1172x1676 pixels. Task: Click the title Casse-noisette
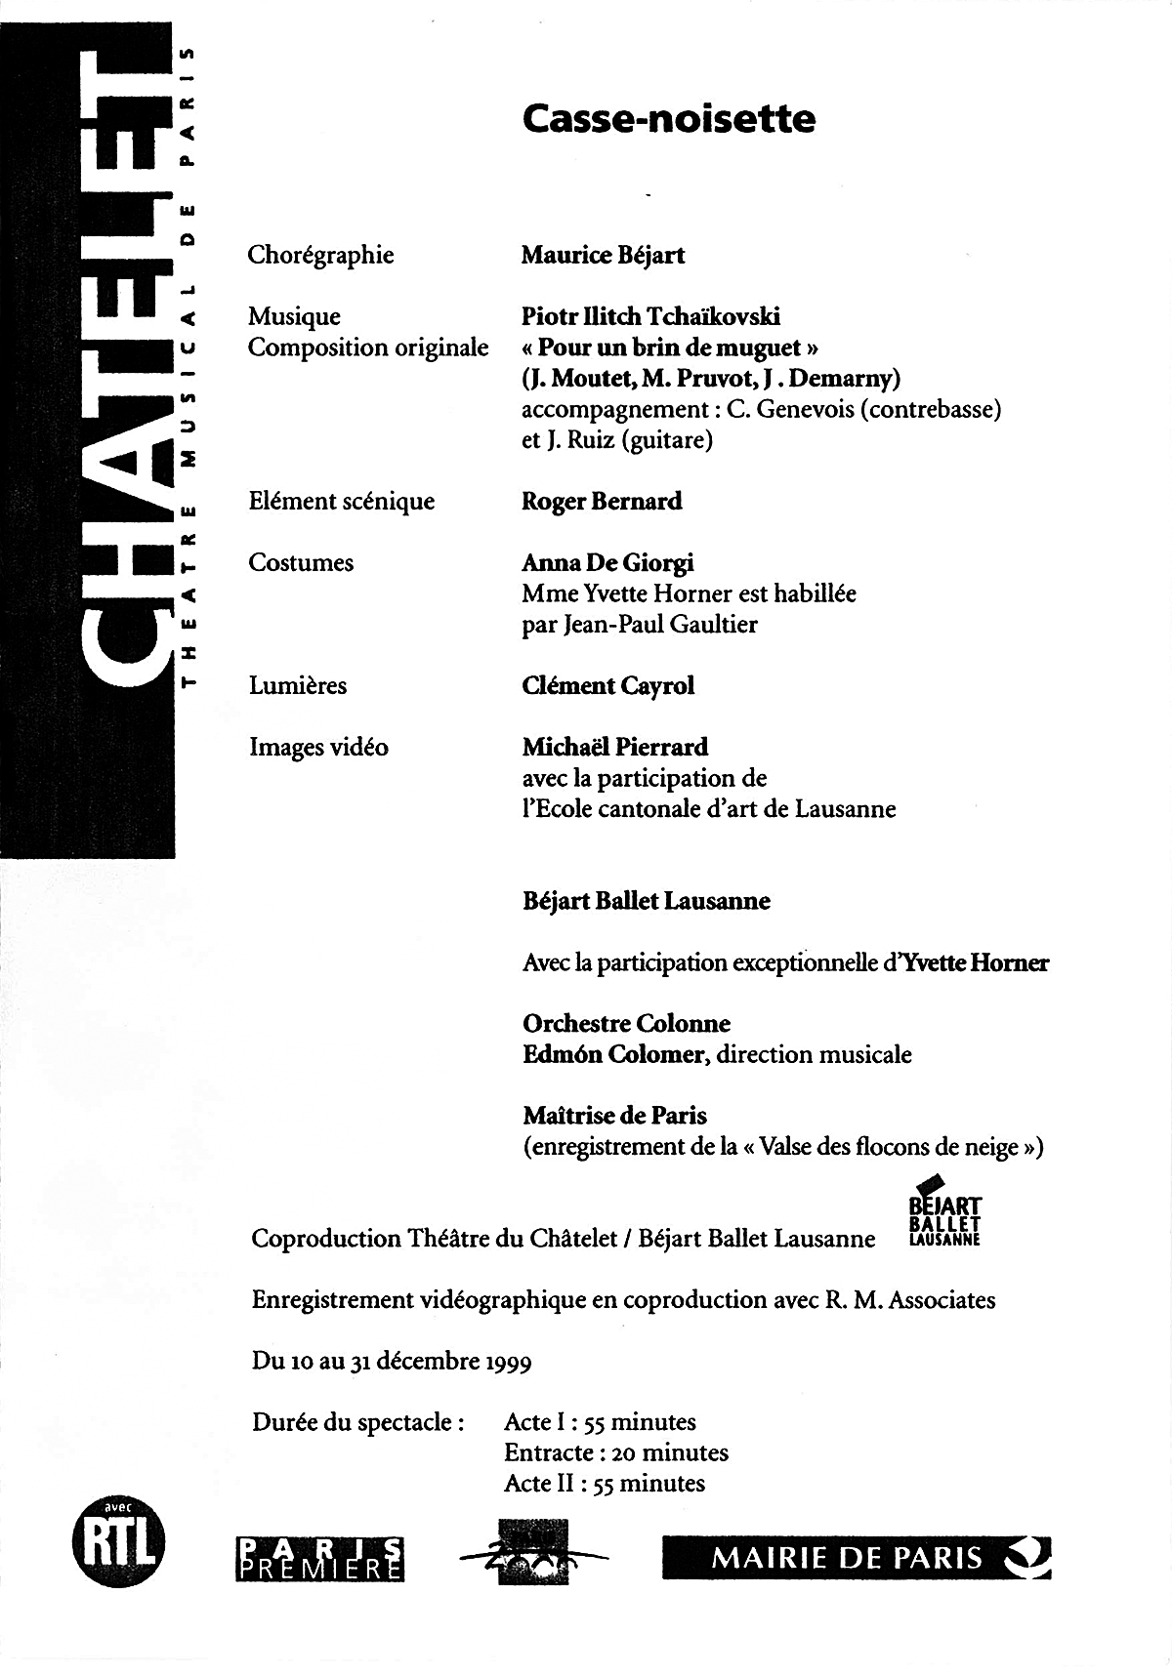668,119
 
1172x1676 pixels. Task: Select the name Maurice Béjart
603,256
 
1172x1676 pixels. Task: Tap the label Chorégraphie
320,256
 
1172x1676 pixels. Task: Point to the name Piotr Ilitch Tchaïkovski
650,316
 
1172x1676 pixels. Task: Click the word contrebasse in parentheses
928,409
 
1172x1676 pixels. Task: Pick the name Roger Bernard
602,502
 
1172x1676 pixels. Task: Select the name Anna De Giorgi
607,563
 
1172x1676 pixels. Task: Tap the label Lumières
298,686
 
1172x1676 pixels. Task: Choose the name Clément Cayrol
607,686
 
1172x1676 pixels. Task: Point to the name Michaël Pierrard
614,748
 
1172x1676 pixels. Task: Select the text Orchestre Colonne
626,1024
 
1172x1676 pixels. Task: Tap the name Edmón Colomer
612,1055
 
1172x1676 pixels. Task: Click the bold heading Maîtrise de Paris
614,1116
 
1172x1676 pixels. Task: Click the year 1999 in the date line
508,1362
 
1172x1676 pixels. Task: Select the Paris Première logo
320,1558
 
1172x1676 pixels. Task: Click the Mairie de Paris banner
857,1557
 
